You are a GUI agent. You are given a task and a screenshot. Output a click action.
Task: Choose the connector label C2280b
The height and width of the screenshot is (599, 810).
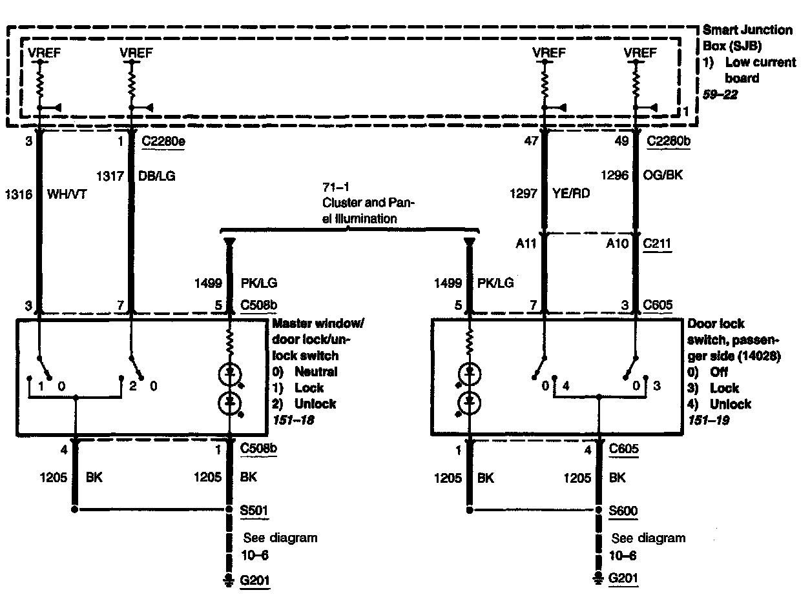tap(669, 141)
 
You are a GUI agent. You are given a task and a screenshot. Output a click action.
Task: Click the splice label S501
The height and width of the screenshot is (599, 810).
tap(253, 512)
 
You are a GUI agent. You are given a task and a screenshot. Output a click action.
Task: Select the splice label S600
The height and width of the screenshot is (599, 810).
tap(623, 512)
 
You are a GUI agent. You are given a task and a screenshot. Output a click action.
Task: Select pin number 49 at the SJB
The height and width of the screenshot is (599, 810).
tap(621, 141)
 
